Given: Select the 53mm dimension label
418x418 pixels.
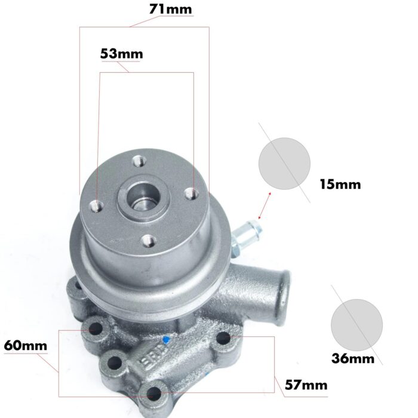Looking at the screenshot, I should tap(121, 54).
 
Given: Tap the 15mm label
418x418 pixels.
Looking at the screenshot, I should tap(340, 184).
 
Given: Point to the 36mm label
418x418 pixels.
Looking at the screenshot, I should tap(352, 358).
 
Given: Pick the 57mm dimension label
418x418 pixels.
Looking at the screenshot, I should tap(306, 385).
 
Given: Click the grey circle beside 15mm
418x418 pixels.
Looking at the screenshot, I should tap(285, 164).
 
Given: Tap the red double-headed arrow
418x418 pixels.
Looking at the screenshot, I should tap(263, 205).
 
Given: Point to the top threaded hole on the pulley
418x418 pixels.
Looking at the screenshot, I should tap(139, 160).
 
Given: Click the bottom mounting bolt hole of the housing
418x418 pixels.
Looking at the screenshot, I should tap(153, 393).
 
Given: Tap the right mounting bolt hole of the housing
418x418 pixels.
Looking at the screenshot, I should tap(224, 339).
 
